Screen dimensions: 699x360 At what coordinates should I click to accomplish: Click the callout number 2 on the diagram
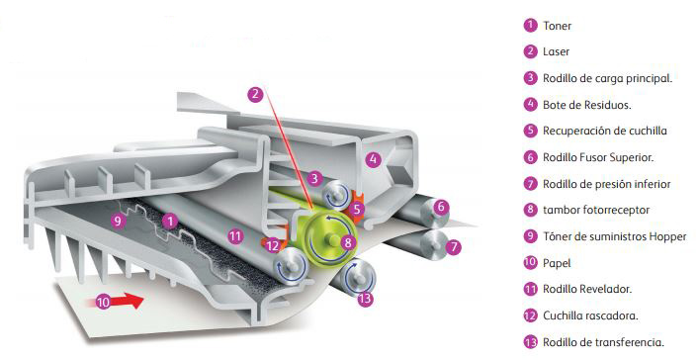click(255, 94)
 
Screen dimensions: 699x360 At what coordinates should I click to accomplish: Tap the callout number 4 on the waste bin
click(374, 159)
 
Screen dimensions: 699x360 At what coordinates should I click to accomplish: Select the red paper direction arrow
click(120, 301)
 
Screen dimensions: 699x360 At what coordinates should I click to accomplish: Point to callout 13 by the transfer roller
click(365, 299)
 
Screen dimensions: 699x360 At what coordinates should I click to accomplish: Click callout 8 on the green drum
click(348, 242)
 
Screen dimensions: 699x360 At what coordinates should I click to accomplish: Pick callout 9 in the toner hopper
click(118, 221)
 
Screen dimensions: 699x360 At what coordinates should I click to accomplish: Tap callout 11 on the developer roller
click(235, 236)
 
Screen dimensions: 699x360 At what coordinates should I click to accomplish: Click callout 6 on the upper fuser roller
click(441, 207)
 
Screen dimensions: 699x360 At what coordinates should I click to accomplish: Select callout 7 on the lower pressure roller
click(454, 246)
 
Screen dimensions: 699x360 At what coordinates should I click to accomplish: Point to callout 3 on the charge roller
click(314, 179)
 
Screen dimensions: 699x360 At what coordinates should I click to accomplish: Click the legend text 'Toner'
click(557, 26)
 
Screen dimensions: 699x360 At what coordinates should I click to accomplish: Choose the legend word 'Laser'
click(556, 51)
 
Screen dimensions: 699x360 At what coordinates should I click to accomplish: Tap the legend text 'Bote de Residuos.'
click(586, 105)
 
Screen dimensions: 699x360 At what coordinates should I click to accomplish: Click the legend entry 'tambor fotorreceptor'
click(596, 210)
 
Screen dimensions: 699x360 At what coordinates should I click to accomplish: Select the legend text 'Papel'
click(557, 263)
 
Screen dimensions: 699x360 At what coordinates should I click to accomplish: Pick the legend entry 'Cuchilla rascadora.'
click(590, 315)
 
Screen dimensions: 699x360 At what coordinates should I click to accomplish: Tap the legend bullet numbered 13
click(531, 342)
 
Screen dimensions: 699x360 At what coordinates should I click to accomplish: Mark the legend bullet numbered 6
click(531, 157)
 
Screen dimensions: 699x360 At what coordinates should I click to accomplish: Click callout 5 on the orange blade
click(357, 209)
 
